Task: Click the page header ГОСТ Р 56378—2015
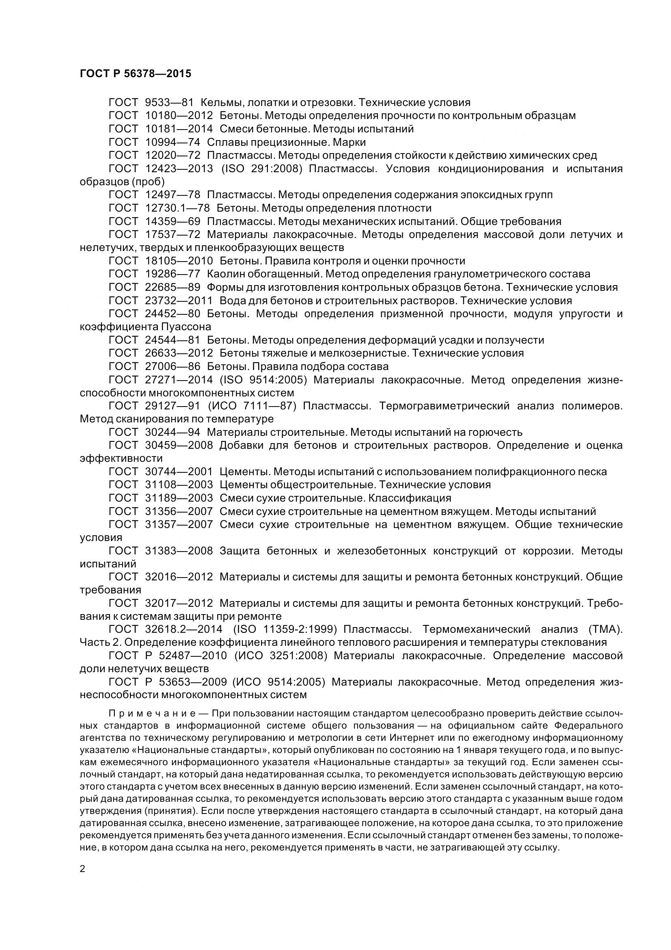click(135, 74)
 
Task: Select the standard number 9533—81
click(170, 103)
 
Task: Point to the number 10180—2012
click(179, 116)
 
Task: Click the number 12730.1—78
click(177, 208)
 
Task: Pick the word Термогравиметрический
click(444, 406)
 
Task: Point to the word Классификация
click(410, 498)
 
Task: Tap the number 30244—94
click(173, 433)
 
